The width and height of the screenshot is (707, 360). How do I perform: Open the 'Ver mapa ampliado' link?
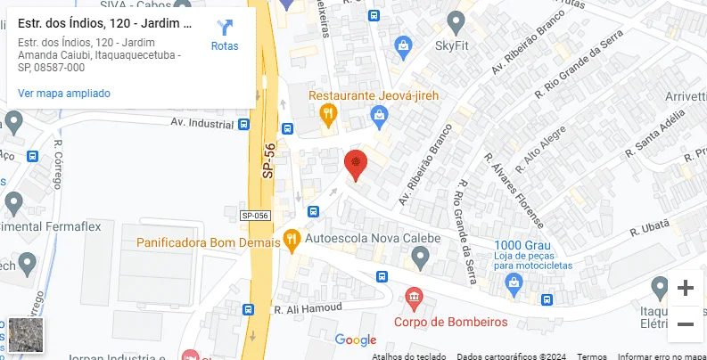[x=64, y=93]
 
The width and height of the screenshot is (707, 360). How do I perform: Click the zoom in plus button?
[x=685, y=288]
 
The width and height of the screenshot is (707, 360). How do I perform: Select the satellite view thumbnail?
[x=24, y=335]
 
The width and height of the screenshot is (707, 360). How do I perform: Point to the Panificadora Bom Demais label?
[x=207, y=241]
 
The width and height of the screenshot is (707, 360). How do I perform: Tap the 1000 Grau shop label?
[x=521, y=245]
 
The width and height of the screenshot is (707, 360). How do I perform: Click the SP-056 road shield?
[x=255, y=216]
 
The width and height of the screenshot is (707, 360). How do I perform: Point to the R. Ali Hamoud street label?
[x=308, y=308]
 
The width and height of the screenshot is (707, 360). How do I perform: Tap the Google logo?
[x=356, y=340]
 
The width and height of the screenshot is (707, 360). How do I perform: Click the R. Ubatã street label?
[x=649, y=229]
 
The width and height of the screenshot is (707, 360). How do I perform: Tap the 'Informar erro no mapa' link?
[x=660, y=356]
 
